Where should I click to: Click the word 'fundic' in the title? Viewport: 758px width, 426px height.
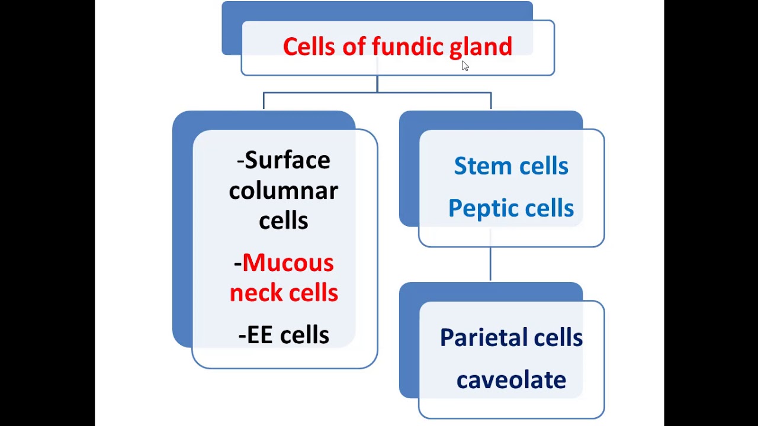point(408,47)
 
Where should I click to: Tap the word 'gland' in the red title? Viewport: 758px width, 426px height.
point(480,47)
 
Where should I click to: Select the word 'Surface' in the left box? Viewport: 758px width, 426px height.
point(287,160)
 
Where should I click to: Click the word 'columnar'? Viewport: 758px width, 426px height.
point(283,191)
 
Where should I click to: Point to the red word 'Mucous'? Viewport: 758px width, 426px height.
point(288,263)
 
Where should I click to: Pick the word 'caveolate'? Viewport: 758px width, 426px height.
point(511,380)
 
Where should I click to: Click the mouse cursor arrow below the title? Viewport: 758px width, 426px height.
point(465,66)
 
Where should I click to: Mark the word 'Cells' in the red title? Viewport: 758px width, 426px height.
point(309,47)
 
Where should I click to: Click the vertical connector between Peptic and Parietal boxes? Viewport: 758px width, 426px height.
point(490,263)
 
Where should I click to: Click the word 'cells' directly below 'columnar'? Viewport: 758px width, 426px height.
point(283,221)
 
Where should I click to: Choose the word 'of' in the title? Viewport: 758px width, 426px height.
point(354,47)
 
